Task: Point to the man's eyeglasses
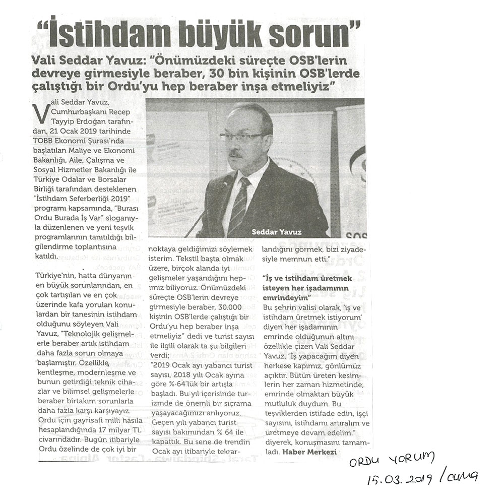[242, 136]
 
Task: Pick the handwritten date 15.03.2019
[399, 479]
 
